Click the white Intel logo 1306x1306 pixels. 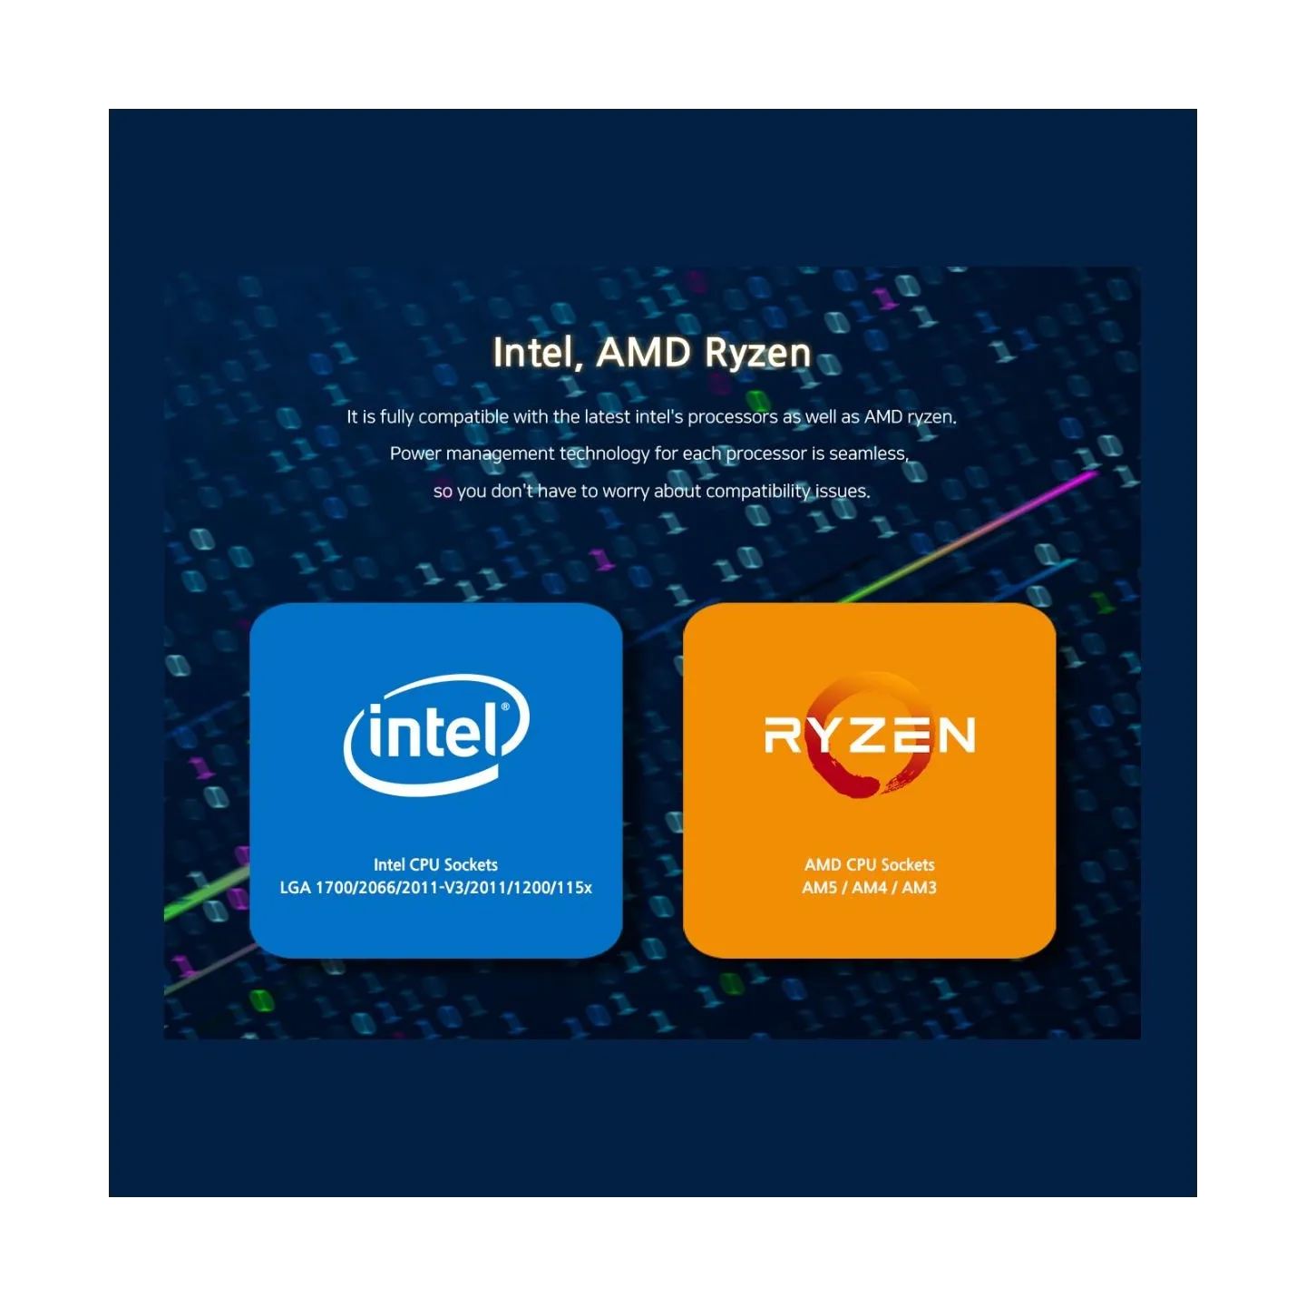click(x=436, y=735)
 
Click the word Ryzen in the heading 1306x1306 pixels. click(x=757, y=354)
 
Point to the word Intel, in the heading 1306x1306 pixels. click(x=538, y=354)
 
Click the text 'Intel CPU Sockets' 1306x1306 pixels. click(x=435, y=865)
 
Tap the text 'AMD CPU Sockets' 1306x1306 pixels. click(x=870, y=865)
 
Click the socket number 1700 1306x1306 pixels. click(x=334, y=888)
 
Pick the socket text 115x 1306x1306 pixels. click(x=575, y=888)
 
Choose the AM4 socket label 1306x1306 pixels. click(x=870, y=888)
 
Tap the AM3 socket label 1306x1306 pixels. click(x=919, y=888)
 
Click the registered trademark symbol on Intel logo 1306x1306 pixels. click(x=505, y=707)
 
